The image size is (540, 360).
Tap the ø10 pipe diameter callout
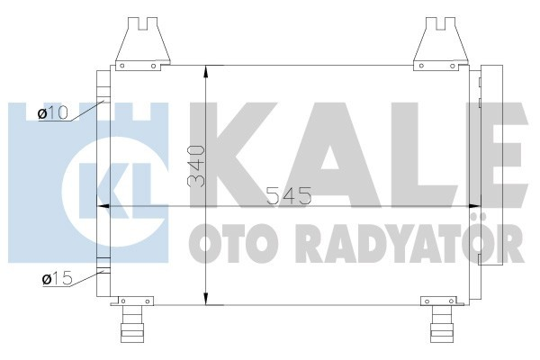[x=53, y=112]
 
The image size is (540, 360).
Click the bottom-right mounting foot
[x=442, y=322]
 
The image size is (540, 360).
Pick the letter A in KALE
[x=337, y=148]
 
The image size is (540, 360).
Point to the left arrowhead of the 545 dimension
[x=102, y=206]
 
